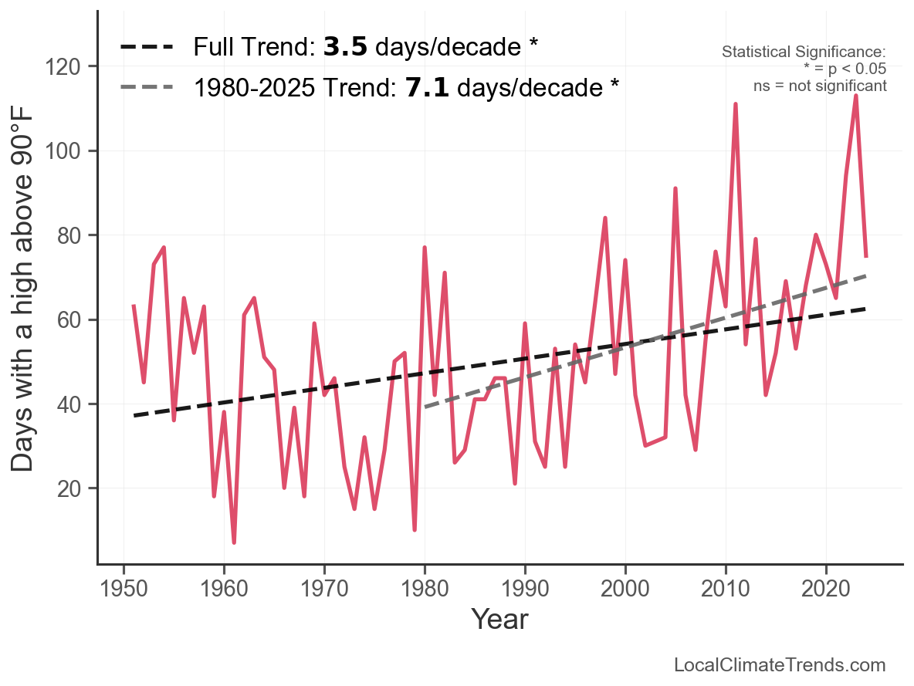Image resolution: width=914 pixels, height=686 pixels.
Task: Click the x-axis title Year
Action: pos(499,619)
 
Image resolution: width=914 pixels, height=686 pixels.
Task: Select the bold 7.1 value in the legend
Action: pos(427,87)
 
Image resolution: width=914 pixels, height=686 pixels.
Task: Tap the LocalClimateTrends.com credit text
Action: pos(780,665)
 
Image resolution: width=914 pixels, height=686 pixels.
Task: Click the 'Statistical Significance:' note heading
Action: pos(804,52)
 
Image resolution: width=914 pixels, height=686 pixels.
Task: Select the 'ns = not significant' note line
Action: pos(820,86)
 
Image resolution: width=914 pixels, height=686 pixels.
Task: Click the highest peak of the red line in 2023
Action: pos(856,96)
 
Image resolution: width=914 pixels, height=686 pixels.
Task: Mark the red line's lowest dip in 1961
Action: pos(234,542)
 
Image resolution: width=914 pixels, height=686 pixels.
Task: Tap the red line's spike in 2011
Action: pos(736,104)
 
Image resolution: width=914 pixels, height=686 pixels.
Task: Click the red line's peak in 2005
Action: pos(675,189)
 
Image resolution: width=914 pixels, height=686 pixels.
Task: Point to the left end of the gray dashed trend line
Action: pos(425,406)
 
